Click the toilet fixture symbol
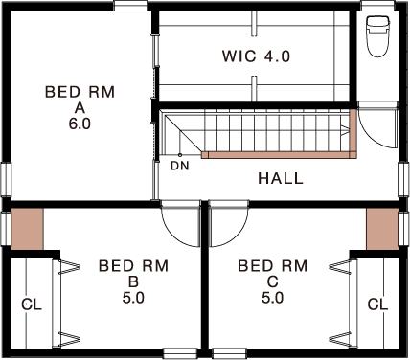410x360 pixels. (378, 36)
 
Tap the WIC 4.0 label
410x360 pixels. (256, 56)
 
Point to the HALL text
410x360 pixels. (281, 178)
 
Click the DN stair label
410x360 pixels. (180, 166)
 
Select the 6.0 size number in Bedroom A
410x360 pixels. (80, 124)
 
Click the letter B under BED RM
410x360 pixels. (133, 282)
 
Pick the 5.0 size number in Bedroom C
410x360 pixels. (273, 298)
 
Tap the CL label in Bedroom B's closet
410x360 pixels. (32, 304)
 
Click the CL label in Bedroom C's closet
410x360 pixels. (377, 304)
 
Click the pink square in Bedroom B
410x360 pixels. (27, 229)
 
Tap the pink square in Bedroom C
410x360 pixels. (382, 229)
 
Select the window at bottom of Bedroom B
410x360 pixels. (180, 353)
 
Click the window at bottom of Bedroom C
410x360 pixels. (230, 353)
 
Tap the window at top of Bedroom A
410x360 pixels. (130, 6)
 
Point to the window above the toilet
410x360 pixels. (377, 6)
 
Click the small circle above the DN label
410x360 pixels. (180, 155)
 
